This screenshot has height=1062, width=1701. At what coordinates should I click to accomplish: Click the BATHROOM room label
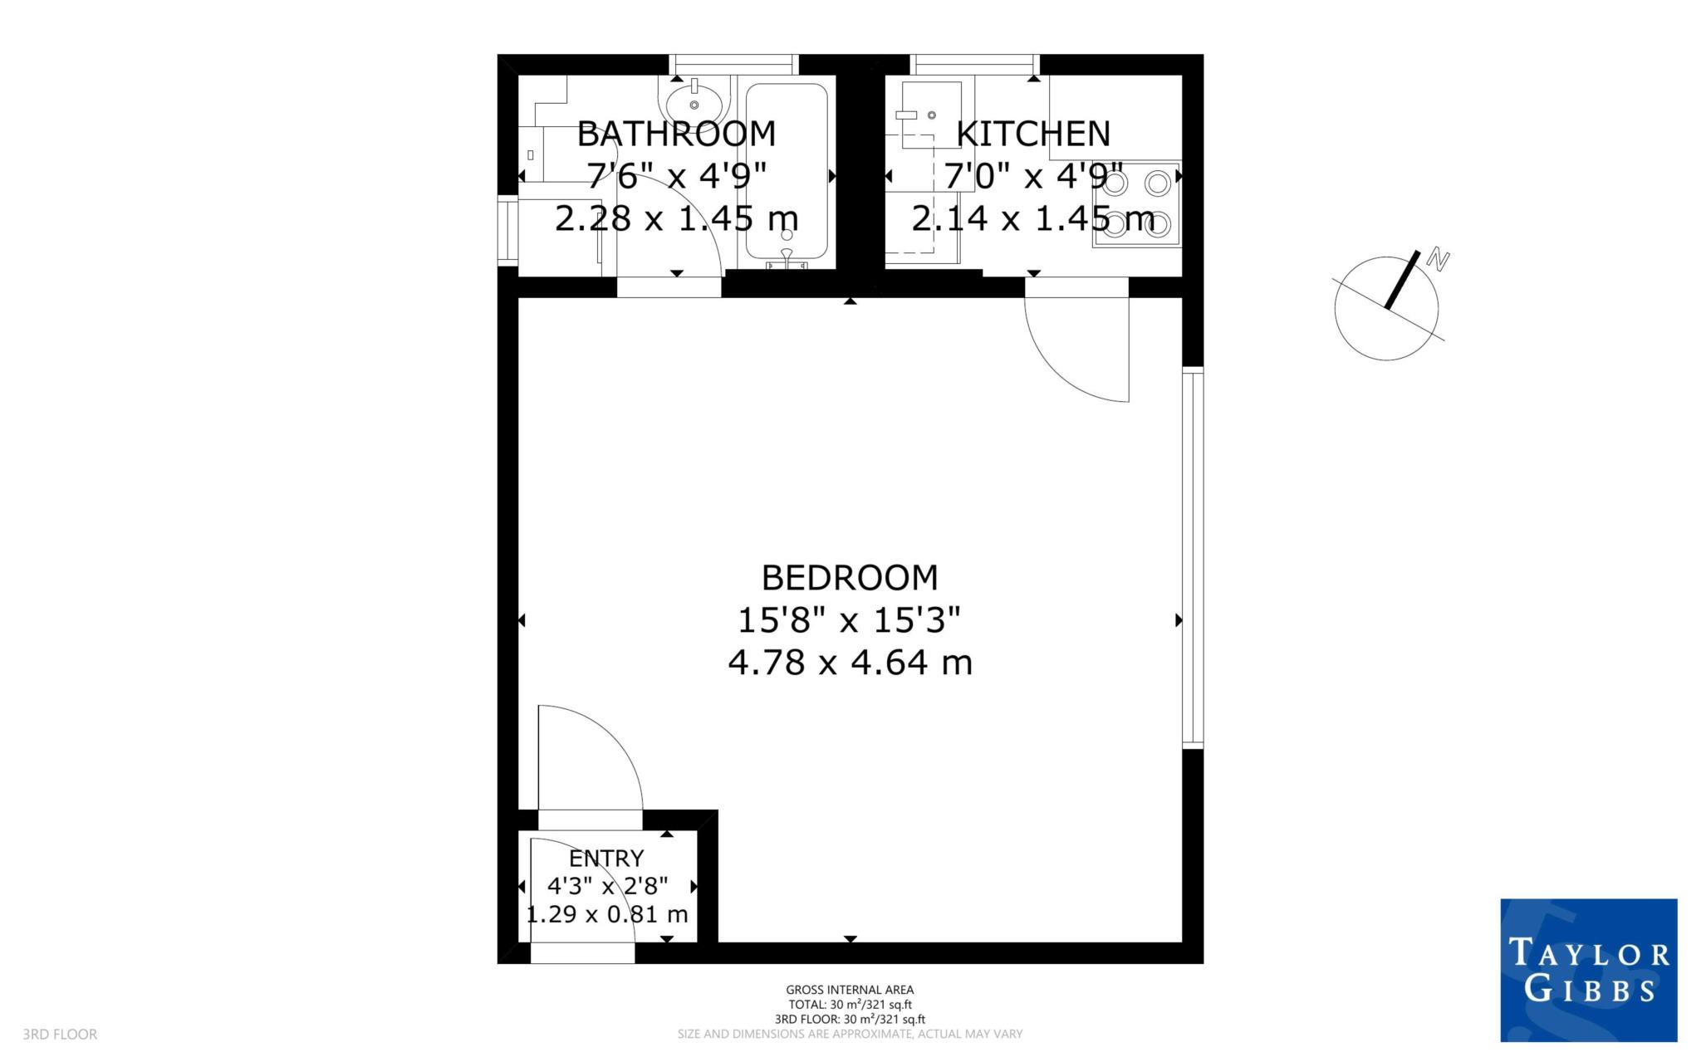click(x=676, y=133)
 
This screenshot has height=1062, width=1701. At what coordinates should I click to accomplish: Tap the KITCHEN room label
click(x=1033, y=133)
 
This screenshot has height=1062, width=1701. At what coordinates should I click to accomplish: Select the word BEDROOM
click(x=850, y=576)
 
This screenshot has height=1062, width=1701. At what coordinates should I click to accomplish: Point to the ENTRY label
click(x=606, y=858)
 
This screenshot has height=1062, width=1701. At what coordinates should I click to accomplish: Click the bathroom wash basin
click(x=694, y=104)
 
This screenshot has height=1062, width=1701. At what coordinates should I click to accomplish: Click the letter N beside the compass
click(x=1438, y=260)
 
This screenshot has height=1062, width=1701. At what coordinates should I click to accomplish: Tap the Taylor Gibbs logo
click(x=1589, y=970)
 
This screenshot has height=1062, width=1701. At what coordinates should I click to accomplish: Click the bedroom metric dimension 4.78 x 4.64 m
click(x=850, y=663)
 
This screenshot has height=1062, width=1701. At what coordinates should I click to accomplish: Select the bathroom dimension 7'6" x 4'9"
click(x=676, y=176)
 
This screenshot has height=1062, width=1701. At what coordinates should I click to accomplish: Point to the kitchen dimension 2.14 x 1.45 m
click(x=1033, y=219)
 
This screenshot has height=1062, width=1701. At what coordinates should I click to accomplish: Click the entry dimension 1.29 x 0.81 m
click(x=607, y=914)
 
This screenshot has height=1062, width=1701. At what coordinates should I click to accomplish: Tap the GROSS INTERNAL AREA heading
click(x=850, y=990)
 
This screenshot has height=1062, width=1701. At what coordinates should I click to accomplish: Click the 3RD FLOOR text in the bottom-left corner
click(x=60, y=1035)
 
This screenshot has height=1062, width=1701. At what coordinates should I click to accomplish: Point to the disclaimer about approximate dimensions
click(x=850, y=1035)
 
